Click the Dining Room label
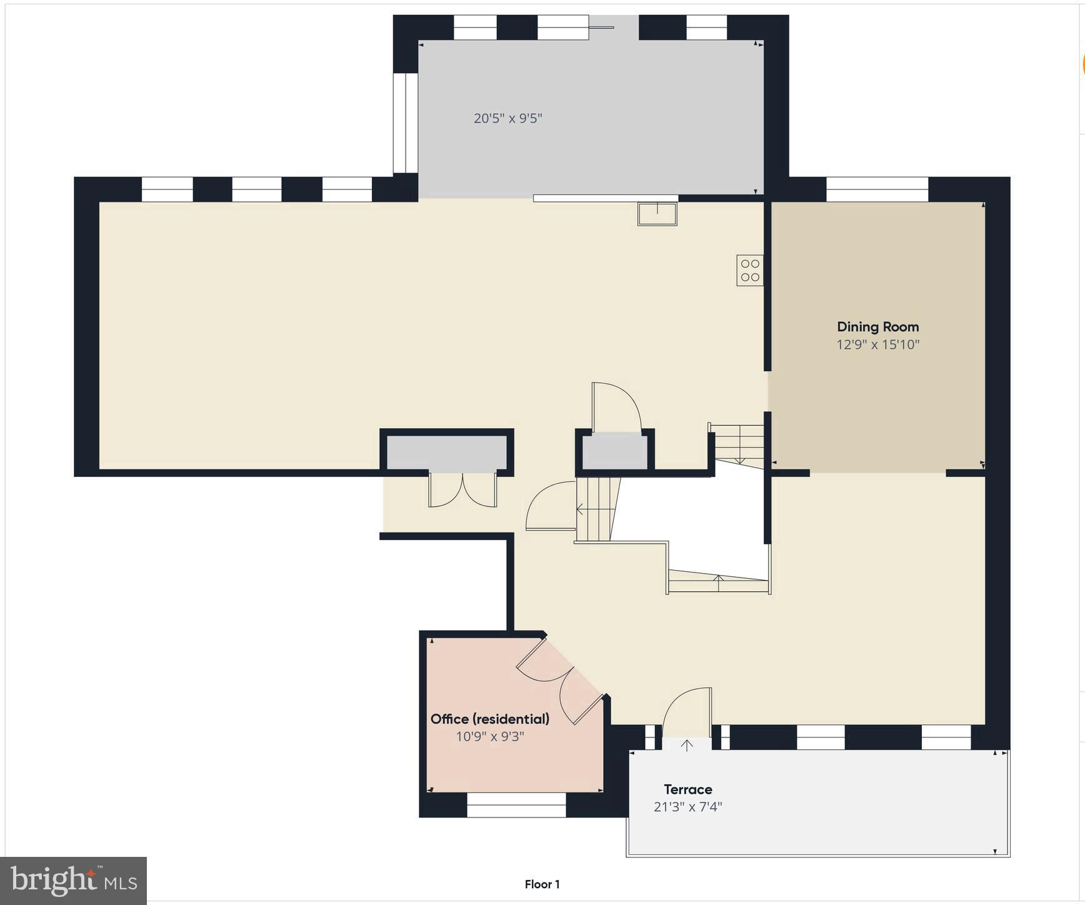877,327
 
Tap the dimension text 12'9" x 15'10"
877,344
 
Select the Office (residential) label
489,719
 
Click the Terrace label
687,789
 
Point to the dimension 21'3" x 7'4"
687,807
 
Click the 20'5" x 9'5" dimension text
507,118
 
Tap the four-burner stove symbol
749,270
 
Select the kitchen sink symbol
657,214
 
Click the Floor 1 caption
542,884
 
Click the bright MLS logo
74,881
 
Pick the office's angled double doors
558,681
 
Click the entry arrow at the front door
687,745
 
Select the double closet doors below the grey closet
462,491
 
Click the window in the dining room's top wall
877,189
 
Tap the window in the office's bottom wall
516,805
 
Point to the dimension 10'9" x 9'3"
489,736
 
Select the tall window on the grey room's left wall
406,123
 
